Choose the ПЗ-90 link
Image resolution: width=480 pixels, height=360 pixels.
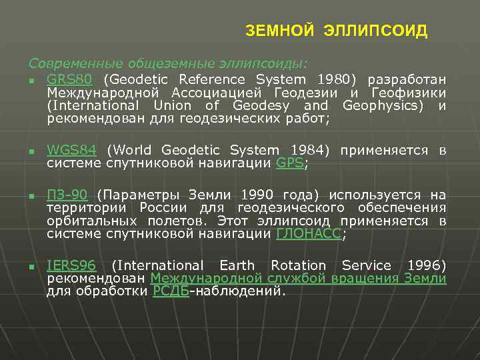(67, 195)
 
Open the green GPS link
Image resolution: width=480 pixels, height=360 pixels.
(289, 163)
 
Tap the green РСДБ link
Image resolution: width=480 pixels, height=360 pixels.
(171, 291)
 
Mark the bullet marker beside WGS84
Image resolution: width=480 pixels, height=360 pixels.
(31, 152)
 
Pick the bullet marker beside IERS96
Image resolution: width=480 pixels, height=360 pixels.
(31, 267)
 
